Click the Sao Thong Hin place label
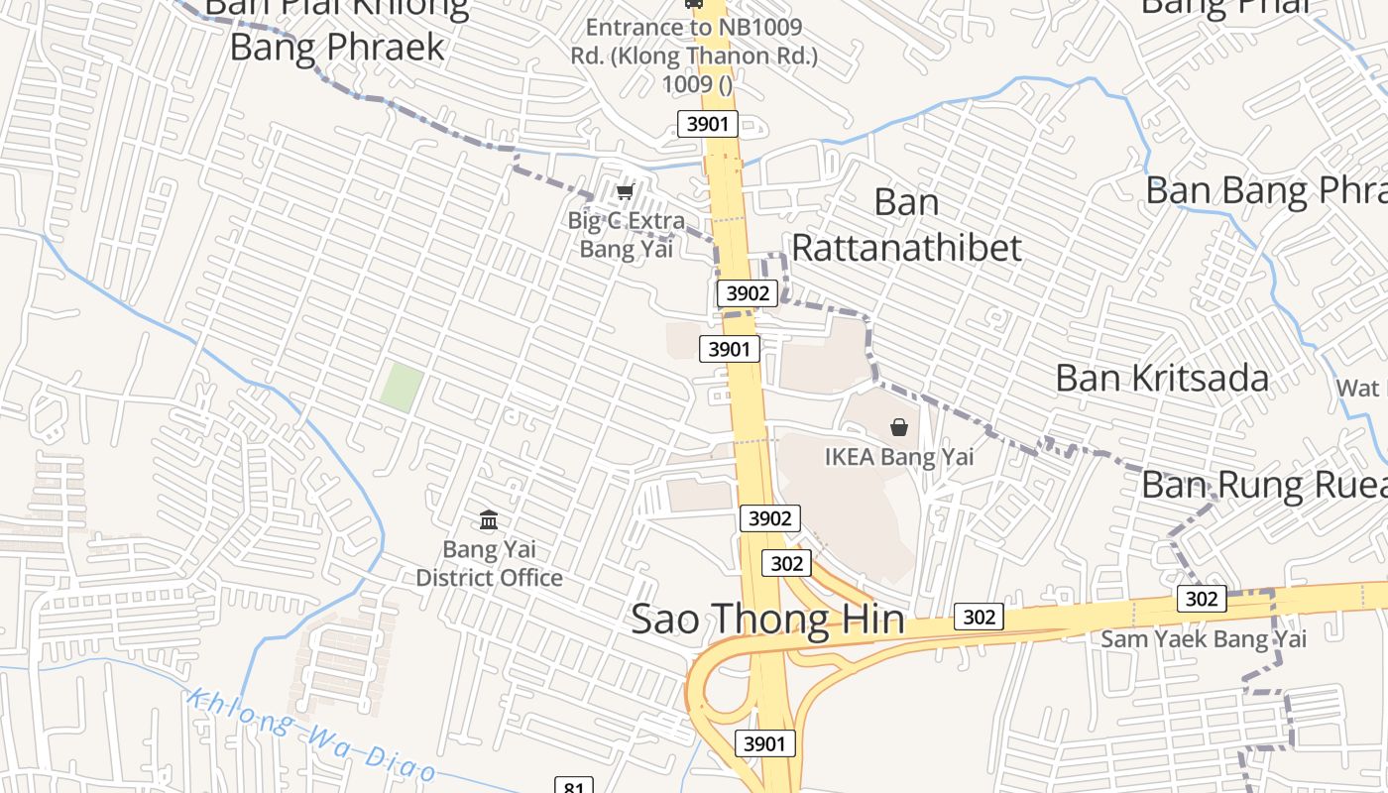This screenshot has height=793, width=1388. (x=767, y=620)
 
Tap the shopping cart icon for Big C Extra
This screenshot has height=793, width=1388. (x=625, y=191)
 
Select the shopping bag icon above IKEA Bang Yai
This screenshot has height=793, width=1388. (x=899, y=427)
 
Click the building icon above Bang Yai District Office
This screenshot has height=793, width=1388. (x=488, y=519)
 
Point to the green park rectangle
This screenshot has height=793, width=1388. (x=402, y=386)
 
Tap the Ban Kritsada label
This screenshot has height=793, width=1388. (x=1162, y=378)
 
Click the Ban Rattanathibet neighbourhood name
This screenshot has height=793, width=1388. (x=906, y=225)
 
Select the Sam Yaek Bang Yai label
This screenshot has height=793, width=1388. (x=1204, y=639)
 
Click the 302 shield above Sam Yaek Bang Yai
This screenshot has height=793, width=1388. (x=1202, y=599)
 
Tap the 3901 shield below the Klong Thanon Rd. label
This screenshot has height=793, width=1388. (x=708, y=124)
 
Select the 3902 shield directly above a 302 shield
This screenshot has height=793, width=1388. (x=769, y=518)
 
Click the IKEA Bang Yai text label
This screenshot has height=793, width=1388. (x=899, y=457)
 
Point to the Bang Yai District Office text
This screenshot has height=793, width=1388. (x=489, y=563)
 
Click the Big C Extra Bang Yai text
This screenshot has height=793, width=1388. (x=627, y=235)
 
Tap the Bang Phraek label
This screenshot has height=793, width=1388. (x=337, y=46)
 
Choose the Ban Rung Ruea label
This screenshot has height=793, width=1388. (x=1263, y=485)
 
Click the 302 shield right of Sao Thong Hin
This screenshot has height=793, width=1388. (x=979, y=617)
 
